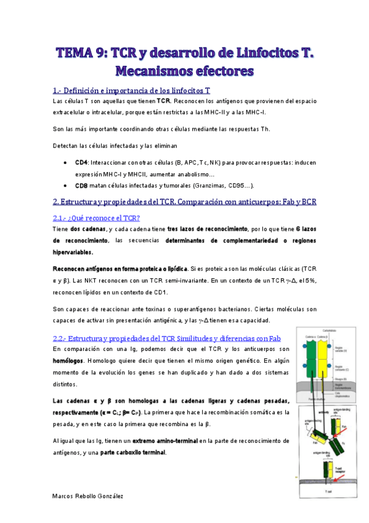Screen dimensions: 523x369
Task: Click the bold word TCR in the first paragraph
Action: pyautogui.click(x=163, y=101)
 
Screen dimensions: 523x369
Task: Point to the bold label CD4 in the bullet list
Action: pyautogui.click(x=81, y=162)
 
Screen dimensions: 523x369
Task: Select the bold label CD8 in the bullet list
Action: pyautogui.click(x=81, y=185)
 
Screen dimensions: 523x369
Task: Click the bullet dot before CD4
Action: pyautogui.click(x=66, y=162)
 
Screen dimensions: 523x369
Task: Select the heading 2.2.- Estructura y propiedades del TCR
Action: pyautogui.click(x=166, y=338)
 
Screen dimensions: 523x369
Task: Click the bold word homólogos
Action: pyautogui.click(x=69, y=361)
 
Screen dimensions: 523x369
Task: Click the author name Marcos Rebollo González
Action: pyautogui.click(x=87, y=496)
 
